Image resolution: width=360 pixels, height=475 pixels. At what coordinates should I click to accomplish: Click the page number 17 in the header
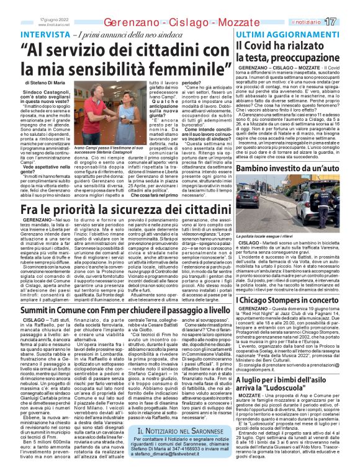click(346, 22)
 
